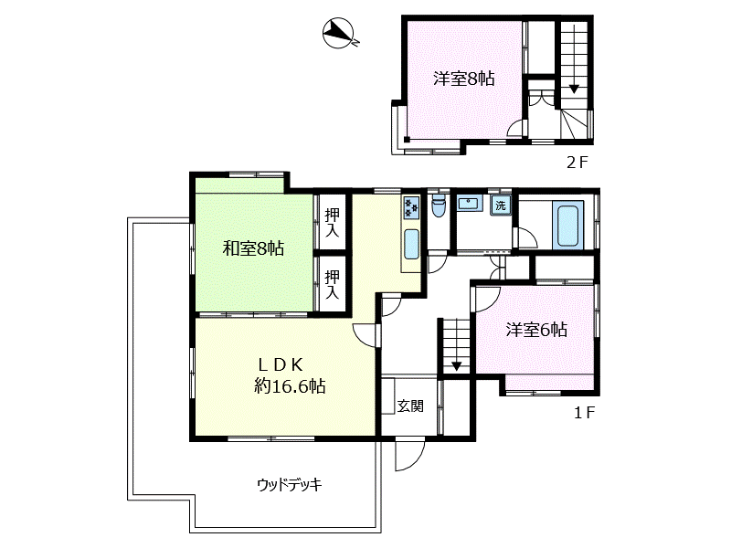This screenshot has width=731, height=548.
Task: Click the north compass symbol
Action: point(338,34)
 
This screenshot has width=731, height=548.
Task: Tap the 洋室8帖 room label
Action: point(464,79)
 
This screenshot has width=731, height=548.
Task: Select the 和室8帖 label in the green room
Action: point(254,248)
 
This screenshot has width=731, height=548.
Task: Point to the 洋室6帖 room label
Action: point(536,330)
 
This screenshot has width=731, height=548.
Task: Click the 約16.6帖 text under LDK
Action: point(290,385)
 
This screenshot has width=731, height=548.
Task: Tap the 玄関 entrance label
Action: point(410,406)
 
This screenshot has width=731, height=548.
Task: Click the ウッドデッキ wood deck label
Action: point(290,485)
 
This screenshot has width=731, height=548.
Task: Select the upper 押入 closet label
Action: point(332,223)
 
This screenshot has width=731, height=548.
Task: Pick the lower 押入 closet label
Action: point(332,285)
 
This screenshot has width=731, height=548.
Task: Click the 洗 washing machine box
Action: point(500,205)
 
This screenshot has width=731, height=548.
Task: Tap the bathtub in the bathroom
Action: point(567,226)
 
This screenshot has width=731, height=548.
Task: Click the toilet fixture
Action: point(439,206)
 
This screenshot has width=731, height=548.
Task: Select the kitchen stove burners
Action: point(411,207)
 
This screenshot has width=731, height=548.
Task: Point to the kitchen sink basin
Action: point(411,244)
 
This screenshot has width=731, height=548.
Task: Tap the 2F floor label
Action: point(577,163)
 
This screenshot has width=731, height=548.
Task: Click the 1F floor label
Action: point(585,413)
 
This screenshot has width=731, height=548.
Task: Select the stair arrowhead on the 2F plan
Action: point(574,89)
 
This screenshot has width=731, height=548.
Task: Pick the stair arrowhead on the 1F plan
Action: point(456,366)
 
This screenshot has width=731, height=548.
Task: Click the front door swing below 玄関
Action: point(409,455)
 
